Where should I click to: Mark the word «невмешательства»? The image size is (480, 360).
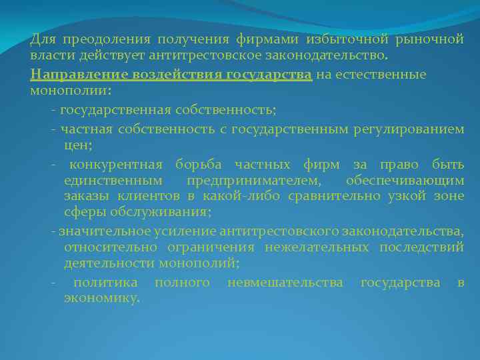(x=285, y=283)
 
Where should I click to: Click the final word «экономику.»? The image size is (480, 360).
(x=102, y=299)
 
